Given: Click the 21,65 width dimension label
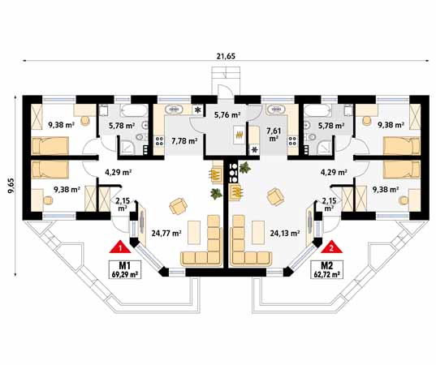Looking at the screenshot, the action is [x=226, y=56].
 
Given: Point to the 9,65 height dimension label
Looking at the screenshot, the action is [x=11, y=186].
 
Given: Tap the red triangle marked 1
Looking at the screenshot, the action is [x=120, y=247].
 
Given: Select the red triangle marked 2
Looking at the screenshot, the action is [x=331, y=247].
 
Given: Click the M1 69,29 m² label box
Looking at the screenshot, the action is [x=125, y=269].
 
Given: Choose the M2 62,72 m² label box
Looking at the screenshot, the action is [x=326, y=269].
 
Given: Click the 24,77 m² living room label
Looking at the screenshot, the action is [x=166, y=233].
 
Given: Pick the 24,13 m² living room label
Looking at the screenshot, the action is [x=285, y=233].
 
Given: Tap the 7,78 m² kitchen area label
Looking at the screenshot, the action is [x=184, y=141].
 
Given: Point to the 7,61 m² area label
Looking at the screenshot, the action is [x=274, y=135].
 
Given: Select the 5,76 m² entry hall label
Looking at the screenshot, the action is [x=227, y=114].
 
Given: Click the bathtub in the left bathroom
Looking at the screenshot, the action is [x=134, y=111].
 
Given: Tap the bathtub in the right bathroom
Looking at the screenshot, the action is [x=317, y=111].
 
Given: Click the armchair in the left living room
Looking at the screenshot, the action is [x=179, y=206].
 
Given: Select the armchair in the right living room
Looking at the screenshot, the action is [x=275, y=197].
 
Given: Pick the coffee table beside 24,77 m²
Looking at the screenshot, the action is [x=194, y=232].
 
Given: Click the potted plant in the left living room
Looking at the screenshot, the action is [x=216, y=194].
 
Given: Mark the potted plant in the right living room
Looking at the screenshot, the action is [x=244, y=168].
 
